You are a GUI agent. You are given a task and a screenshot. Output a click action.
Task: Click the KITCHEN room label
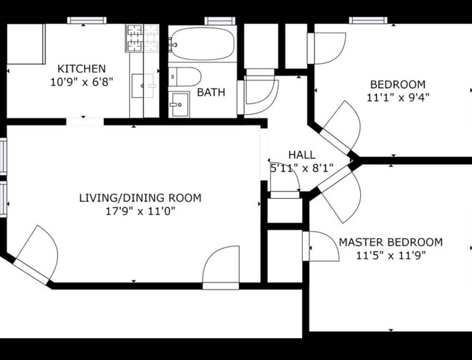tap(81, 68)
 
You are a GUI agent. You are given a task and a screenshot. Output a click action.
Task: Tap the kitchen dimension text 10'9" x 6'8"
tap(81, 82)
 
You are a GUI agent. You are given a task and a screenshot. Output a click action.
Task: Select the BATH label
tap(211, 92)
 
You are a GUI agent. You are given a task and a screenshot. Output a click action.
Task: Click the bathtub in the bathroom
tap(203, 44)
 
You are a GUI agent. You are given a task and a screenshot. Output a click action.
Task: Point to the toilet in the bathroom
tap(186, 76)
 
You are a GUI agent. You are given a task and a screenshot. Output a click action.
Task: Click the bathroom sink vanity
tap(179, 105)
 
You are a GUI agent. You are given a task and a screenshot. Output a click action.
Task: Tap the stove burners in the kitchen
tap(142, 39)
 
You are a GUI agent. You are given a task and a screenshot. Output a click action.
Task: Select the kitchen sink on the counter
tap(143, 85)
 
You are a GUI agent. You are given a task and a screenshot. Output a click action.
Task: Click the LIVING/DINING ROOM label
tap(140, 197)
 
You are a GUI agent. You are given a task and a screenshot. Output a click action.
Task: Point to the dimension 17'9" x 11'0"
tap(140, 211)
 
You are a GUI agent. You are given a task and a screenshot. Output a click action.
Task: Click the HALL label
tap(301, 155)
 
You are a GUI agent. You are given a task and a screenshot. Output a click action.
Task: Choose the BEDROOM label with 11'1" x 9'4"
tap(396, 84)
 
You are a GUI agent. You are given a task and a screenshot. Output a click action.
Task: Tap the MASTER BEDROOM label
tap(391, 242)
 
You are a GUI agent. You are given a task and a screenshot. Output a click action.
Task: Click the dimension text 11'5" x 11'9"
tap(391, 255)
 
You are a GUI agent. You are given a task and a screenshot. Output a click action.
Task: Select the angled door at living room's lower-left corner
tap(36, 253)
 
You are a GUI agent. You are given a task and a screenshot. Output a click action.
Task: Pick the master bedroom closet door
tap(319, 246)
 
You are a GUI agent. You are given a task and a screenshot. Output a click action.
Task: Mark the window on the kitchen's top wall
tap(86, 20)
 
